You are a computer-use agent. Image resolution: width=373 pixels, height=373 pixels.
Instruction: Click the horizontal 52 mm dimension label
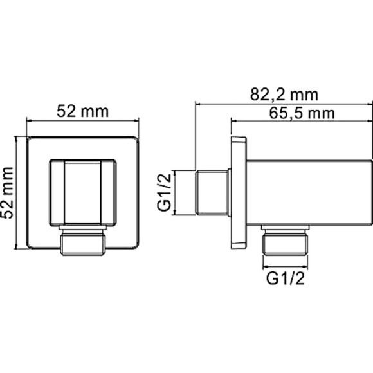82,110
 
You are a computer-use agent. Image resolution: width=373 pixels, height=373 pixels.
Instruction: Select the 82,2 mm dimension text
284,95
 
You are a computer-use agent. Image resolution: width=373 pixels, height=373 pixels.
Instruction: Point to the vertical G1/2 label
165,193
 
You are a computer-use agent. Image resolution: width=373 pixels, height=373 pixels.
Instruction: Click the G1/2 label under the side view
285,280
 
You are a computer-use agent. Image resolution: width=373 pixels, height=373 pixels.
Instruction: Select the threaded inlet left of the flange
213,193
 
